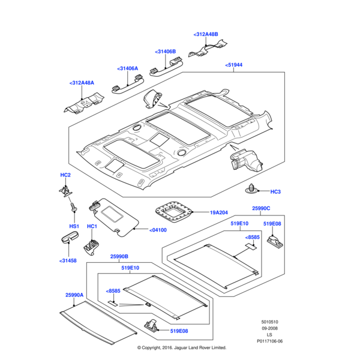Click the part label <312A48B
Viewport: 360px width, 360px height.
pos(206,35)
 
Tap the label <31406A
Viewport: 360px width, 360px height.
pos(127,68)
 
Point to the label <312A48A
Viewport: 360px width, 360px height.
pos(82,83)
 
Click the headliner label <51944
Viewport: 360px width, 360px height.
pos(233,65)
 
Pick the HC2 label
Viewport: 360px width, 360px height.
pos(65,175)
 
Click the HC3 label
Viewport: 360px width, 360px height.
pos(275,192)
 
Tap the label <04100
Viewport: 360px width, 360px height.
pos(157,230)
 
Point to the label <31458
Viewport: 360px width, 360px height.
pos(68,260)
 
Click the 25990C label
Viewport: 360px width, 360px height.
pos(261,208)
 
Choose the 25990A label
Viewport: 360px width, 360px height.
pos(74,295)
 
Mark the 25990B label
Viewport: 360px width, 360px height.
pos(119,256)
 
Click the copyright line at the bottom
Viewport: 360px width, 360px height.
pos(181,347)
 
